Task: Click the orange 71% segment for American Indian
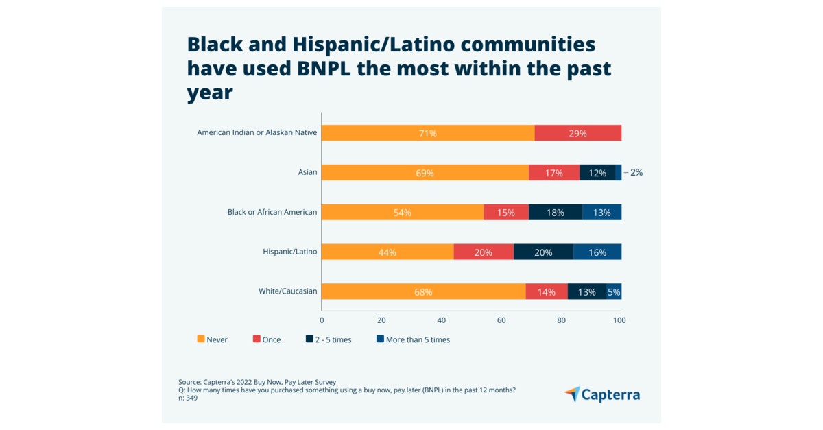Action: coord(428,133)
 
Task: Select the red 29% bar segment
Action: coord(577,133)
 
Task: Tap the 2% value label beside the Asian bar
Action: coord(636,173)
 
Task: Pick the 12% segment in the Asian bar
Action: coord(597,173)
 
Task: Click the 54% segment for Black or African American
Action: coord(402,213)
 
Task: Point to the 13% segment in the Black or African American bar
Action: coord(601,213)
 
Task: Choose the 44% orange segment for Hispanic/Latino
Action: coord(387,252)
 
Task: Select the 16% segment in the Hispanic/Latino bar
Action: coord(597,252)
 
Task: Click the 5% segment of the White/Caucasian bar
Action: coord(614,291)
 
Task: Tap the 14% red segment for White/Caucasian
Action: coord(547,291)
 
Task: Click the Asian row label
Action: coord(307,172)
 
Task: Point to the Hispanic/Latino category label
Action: coord(289,252)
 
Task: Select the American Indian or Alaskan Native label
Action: coord(257,132)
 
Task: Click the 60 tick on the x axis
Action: coord(501,320)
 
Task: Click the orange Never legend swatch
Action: coord(200,339)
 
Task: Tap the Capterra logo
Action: coord(602,394)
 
